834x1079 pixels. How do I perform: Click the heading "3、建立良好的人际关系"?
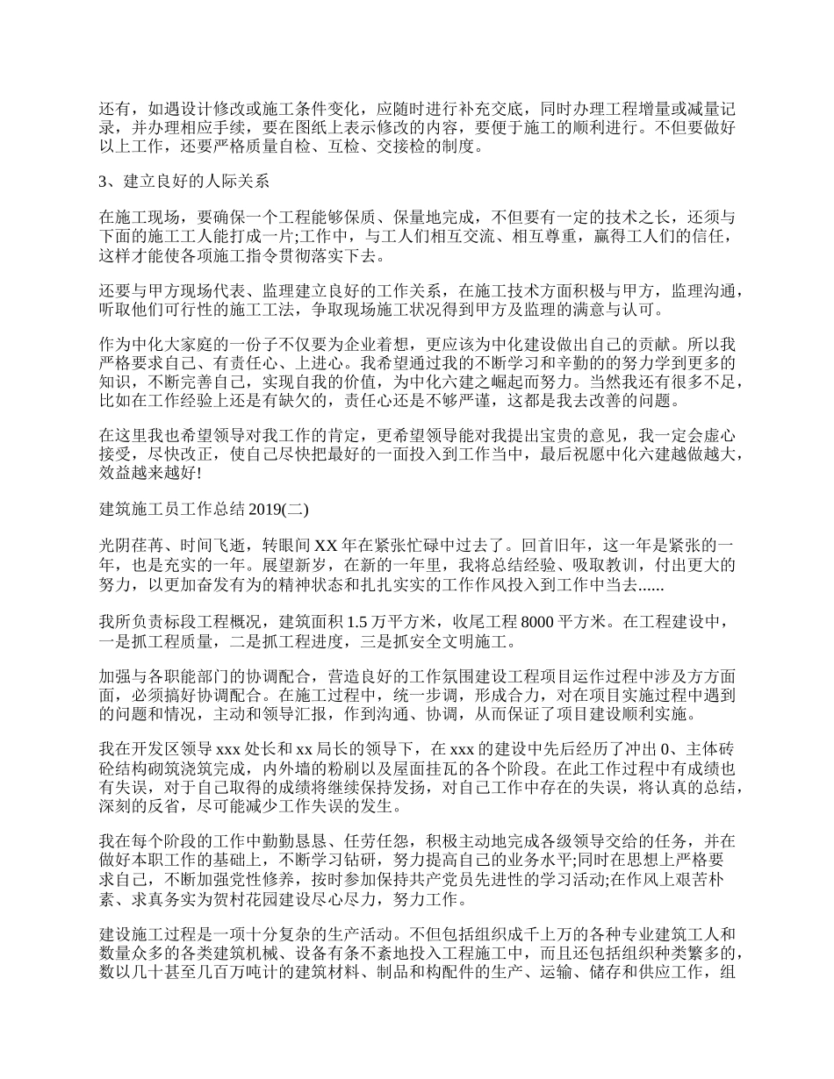[183, 182]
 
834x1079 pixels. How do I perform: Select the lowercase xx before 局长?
[306, 749]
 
